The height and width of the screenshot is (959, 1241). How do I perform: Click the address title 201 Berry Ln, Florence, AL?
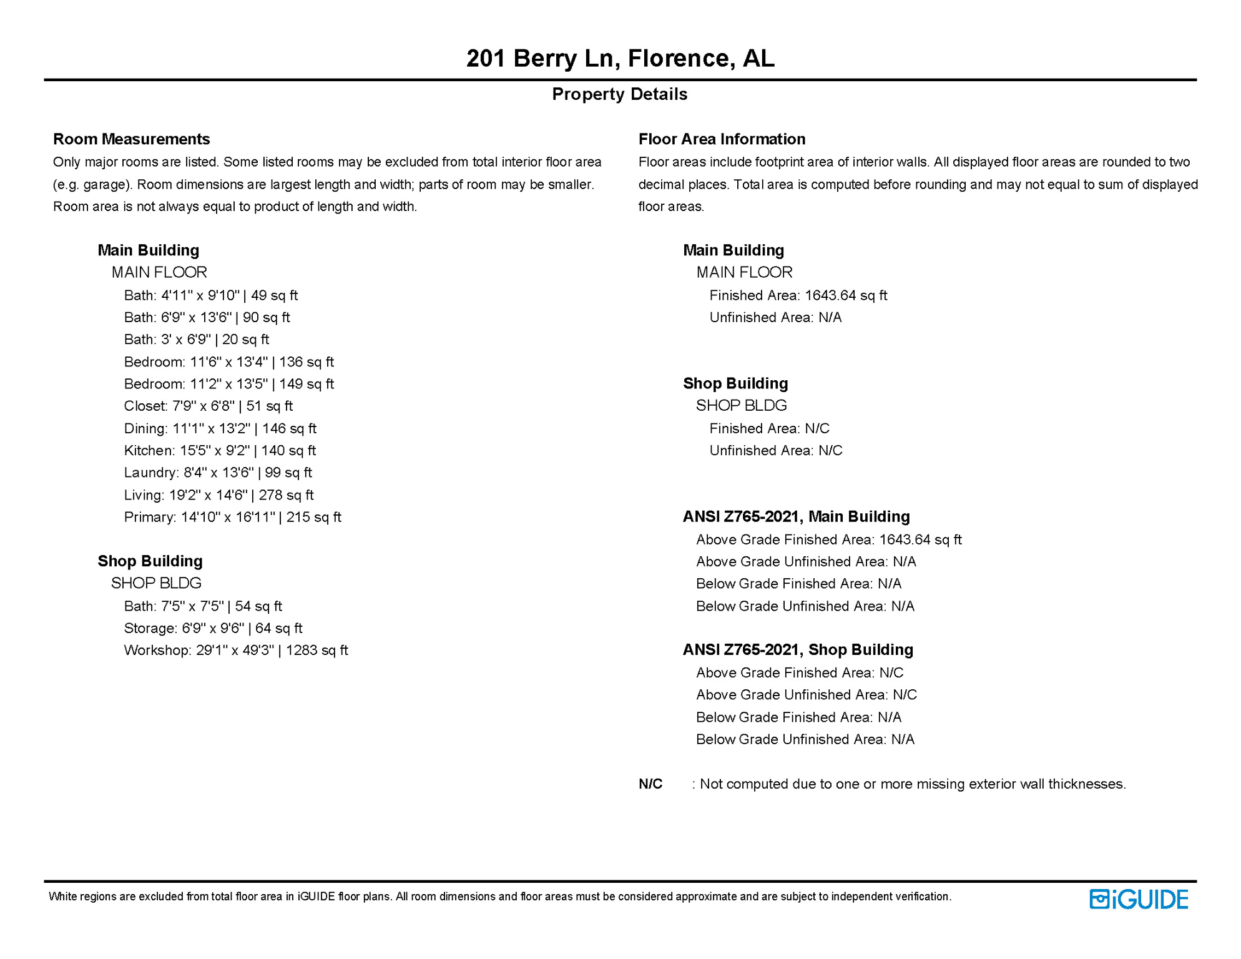[x=620, y=58]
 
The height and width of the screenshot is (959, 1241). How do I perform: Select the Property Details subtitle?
[x=619, y=94]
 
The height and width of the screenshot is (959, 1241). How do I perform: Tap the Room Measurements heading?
[x=131, y=139]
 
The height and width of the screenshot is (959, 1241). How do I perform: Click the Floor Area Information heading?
[x=722, y=139]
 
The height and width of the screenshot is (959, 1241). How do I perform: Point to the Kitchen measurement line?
[x=220, y=451]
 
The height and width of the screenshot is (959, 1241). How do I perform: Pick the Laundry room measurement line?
[x=218, y=473]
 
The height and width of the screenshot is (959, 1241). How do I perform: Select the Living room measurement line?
[x=218, y=495]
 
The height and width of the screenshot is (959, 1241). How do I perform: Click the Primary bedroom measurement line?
[x=232, y=517]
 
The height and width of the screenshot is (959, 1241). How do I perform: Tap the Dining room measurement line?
[x=220, y=428]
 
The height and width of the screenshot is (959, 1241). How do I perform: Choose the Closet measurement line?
[x=208, y=406]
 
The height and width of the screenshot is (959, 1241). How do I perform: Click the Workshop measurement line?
[x=236, y=651]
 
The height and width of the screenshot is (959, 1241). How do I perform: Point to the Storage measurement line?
[x=213, y=628]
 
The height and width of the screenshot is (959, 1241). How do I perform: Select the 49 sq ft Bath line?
[x=210, y=295]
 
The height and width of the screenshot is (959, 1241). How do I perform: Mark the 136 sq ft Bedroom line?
[x=228, y=362]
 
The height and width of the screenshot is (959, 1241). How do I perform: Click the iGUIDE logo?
[x=1139, y=899]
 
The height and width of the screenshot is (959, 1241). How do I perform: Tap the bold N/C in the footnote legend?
[x=650, y=784]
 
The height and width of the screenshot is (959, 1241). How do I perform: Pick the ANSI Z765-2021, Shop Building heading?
[x=798, y=650]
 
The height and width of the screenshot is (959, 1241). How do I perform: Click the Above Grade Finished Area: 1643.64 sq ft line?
[x=828, y=539]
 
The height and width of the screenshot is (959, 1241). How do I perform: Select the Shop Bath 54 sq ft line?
[x=203, y=606]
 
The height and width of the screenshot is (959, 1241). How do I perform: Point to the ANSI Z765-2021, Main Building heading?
[x=796, y=517]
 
